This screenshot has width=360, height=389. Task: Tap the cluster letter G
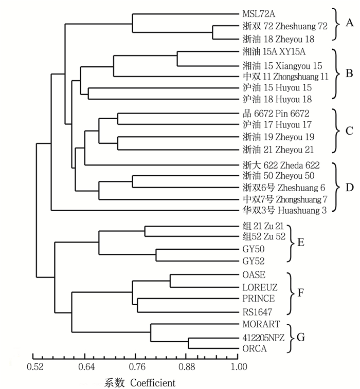pos(301,337)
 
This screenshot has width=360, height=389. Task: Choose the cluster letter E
pos(301,243)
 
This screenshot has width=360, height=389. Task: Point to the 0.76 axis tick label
pos(136,367)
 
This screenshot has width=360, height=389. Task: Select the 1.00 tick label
pos(238,367)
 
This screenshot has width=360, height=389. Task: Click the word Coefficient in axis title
pos(153,382)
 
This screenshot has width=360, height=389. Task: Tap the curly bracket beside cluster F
pos(290,293)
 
